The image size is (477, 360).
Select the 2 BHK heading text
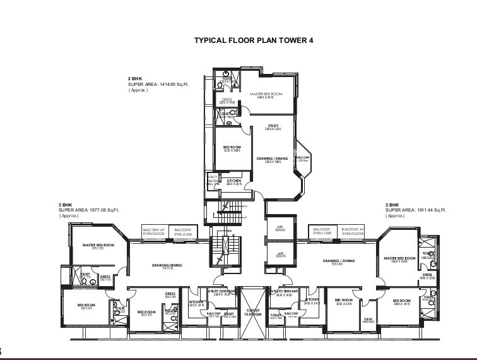(x=136, y=78)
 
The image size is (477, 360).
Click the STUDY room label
(x=273, y=125)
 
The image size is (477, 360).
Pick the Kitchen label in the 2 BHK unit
(x=234, y=181)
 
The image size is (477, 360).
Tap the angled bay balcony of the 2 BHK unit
(x=302, y=158)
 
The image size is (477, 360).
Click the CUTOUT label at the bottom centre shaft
(x=252, y=310)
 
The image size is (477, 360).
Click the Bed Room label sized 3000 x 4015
(x=343, y=300)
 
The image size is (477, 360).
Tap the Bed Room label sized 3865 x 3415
(x=401, y=300)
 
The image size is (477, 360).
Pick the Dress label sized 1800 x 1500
(x=427, y=275)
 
